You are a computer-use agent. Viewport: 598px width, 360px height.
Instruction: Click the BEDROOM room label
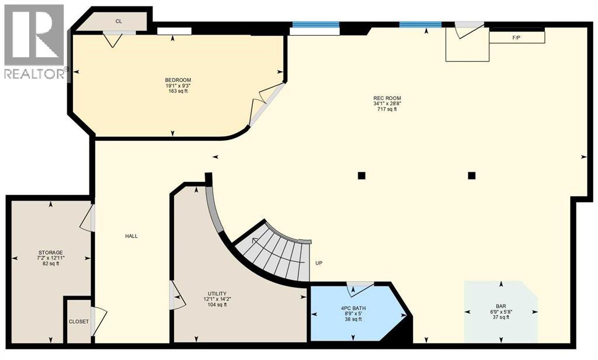(178, 80)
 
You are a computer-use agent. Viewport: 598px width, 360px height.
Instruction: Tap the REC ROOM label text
(387, 98)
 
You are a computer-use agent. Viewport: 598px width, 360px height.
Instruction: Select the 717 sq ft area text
(387, 109)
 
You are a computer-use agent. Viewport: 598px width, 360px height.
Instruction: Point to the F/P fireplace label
(516, 38)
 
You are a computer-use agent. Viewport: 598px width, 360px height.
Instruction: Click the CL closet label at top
(119, 21)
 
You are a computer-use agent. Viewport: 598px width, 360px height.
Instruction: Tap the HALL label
(131, 236)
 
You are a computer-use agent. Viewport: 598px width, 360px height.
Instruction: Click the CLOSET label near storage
(79, 321)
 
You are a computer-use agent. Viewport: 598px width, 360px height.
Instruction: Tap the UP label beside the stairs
(319, 263)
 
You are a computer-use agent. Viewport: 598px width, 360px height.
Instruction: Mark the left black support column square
(361, 175)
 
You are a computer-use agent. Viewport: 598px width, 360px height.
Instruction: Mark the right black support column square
(471, 175)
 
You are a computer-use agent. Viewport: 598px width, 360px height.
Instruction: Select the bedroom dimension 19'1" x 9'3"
(178, 86)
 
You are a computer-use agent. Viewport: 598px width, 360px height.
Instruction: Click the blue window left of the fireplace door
(420, 25)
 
